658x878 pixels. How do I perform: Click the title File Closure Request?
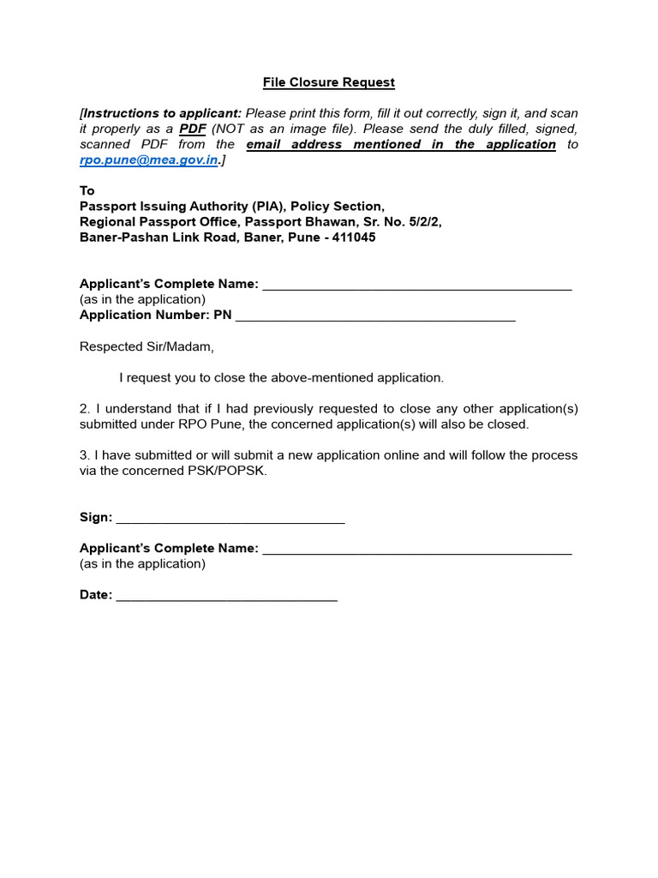[329, 82]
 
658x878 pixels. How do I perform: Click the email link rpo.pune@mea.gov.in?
[150, 160]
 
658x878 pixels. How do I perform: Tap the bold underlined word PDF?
[193, 129]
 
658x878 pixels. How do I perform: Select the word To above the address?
[87, 190]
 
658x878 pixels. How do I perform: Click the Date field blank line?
[226, 595]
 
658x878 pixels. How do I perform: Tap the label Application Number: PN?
[155, 315]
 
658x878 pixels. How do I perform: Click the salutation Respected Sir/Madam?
[147, 347]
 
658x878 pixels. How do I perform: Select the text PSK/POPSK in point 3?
[232, 471]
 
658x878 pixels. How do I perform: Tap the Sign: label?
[96, 517]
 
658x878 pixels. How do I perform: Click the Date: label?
[96, 595]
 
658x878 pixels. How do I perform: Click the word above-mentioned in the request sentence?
[320, 377]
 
